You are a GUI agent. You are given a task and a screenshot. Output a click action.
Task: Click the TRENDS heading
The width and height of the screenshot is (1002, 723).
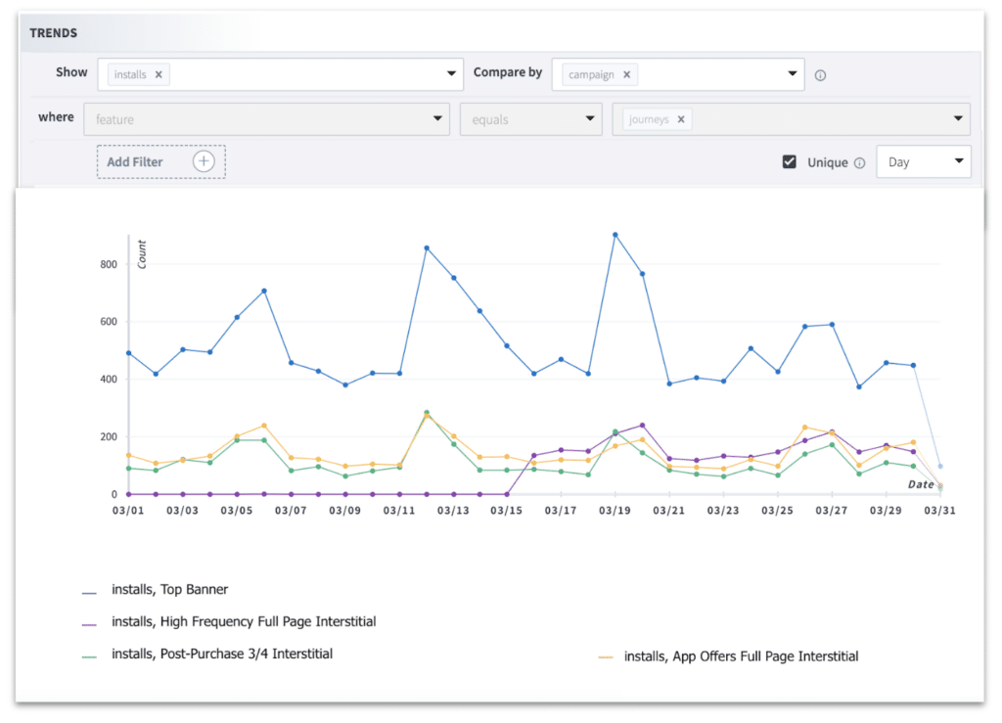point(54,33)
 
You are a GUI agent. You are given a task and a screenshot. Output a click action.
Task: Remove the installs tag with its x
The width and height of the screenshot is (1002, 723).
point(159,73)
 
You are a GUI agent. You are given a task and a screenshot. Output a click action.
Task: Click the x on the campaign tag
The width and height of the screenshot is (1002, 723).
point(626,73)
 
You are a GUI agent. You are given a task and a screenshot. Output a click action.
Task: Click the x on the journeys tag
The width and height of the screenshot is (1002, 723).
point(681,119)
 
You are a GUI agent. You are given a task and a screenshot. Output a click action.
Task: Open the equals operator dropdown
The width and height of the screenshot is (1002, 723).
point(530,119)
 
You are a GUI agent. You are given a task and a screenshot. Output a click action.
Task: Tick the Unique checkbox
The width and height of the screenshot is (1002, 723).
point(790,162)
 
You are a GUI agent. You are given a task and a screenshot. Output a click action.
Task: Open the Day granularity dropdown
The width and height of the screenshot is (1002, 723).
point(923,162)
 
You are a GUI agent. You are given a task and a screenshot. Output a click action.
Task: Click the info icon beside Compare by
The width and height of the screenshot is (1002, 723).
point(821,75)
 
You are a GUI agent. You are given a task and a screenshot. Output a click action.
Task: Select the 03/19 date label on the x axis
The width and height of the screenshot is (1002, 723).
point(615,511)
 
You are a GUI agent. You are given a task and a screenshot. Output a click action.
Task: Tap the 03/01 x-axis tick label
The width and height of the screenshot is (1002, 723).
point(128,511)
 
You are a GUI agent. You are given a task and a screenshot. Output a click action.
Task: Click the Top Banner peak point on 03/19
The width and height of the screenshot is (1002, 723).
point(615,235)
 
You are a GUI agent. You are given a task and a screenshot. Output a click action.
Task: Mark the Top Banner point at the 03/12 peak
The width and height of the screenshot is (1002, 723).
point(427,249)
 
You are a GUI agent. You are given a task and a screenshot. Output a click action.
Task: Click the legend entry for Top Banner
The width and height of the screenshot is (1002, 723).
point(169,590)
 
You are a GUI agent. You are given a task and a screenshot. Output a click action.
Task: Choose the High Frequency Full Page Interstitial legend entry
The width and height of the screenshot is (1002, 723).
point(243,621)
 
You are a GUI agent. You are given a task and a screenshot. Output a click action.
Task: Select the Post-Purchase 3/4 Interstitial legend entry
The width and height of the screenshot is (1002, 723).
point(221,654)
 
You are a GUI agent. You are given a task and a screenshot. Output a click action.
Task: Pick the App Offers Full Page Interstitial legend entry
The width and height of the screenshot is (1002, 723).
point(740,656)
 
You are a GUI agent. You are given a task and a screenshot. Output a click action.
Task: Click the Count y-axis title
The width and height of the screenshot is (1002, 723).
point(142,254)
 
